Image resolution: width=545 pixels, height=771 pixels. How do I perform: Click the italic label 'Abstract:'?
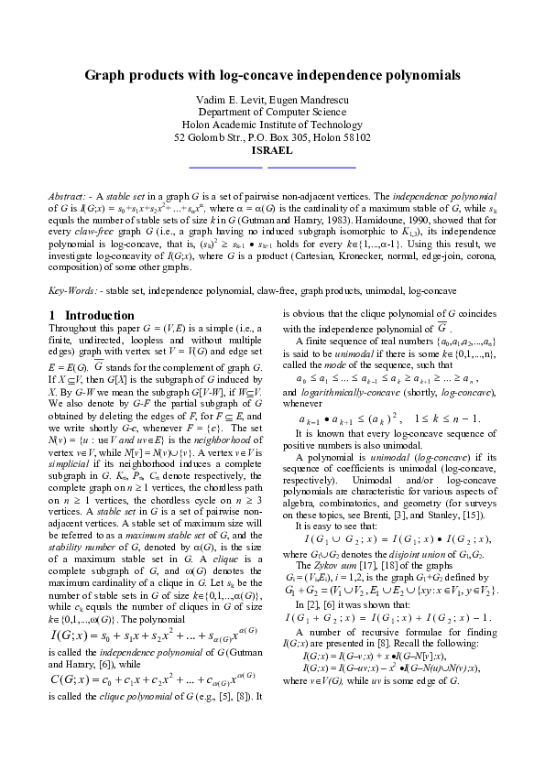coord(70,196)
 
